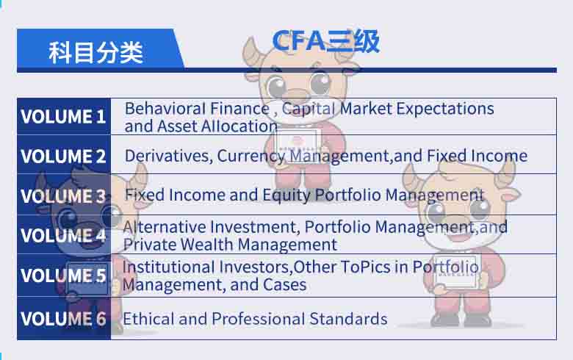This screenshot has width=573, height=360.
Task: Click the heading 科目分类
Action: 95,52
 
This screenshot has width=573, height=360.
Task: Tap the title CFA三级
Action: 325,41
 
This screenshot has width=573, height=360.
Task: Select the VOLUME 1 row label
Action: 63,117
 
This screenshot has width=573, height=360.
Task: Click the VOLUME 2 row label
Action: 63,156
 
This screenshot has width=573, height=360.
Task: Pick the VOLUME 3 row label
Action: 63,196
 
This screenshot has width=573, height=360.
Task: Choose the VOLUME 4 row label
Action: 63,236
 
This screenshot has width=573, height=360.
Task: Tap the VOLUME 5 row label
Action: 63,276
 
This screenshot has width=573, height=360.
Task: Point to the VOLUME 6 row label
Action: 63,319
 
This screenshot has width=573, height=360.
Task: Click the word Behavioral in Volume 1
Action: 161,109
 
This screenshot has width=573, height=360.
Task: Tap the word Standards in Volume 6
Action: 349,319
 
